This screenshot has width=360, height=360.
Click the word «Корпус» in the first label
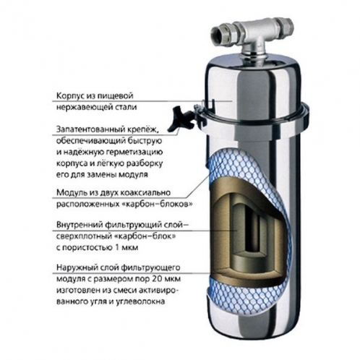tap(69, 96)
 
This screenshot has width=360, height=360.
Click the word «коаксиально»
tap(145, 193)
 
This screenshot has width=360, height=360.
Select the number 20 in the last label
tap(158, 279)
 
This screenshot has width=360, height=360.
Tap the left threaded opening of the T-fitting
tap(218, 35)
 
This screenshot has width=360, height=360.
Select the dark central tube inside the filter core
tap(252, 231)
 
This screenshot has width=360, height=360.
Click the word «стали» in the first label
tap(128, 107)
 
